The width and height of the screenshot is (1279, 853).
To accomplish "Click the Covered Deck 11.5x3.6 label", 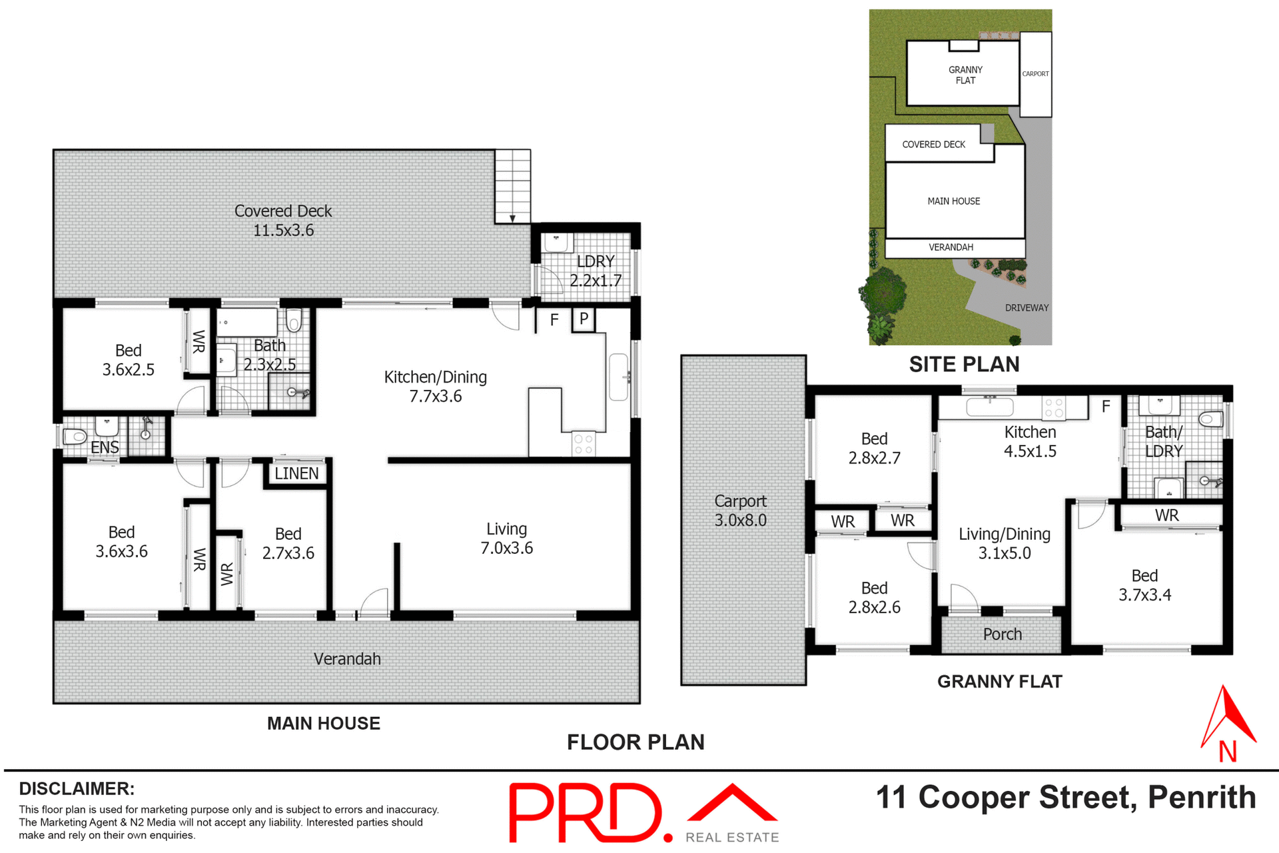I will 283,221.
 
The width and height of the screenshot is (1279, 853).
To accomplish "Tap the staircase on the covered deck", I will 512,186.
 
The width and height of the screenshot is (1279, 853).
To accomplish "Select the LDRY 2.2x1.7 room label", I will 595,271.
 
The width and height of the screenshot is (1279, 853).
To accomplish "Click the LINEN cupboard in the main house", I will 296,473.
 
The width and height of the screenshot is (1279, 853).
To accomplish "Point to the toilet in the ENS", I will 75,437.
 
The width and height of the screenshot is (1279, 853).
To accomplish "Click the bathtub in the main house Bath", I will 247,323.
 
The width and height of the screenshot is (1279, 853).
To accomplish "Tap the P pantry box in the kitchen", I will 584,319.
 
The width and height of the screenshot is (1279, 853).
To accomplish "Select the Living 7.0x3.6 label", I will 506,538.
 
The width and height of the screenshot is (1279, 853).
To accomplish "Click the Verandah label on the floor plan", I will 347,659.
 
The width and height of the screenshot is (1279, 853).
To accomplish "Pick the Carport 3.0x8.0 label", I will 740,510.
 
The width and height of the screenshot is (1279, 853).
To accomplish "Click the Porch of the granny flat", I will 1001,634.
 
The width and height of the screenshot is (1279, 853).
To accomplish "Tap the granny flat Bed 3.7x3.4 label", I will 1144,585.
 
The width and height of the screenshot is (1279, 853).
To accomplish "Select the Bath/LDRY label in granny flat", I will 1163,441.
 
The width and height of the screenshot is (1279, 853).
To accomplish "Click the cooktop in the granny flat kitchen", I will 1054,408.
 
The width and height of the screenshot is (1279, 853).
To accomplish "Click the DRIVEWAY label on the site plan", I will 1026,308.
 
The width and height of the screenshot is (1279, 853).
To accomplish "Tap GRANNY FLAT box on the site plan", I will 965,75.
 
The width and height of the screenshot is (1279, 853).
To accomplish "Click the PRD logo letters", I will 586,813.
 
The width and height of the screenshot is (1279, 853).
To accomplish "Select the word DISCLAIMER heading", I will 77,789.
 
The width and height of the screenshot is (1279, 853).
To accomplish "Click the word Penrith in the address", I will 1201,798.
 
